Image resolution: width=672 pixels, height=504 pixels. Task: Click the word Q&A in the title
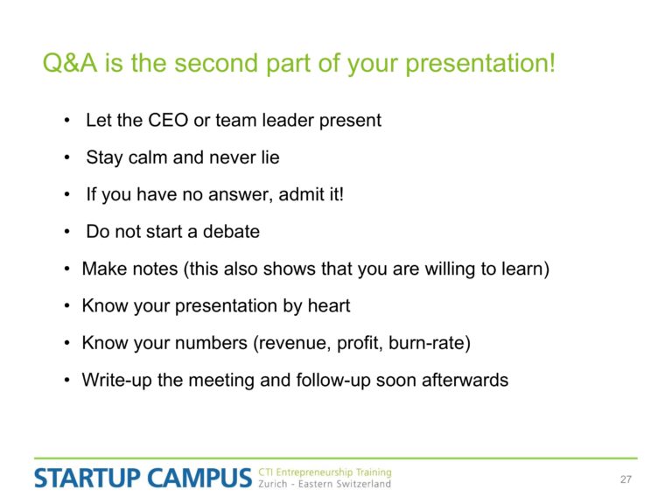pos(70,63)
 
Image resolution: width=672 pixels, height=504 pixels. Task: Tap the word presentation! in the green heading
pos(480,64)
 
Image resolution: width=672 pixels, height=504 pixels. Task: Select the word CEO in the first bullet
pos(168,120)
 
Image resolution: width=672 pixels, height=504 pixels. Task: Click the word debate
pos(231,231)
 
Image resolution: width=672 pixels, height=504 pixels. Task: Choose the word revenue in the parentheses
pos(292,343)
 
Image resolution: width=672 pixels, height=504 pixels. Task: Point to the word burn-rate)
pos(430,343)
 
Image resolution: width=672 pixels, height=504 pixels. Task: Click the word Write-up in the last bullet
pos(116,380)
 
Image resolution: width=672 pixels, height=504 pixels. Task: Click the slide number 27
pos(626,479)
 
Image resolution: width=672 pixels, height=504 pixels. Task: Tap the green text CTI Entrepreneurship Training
pos(325,472)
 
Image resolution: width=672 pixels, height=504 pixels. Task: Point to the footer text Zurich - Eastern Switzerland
pos(325,484)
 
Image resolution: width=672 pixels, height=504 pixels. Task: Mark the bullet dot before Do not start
pos(66,232)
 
